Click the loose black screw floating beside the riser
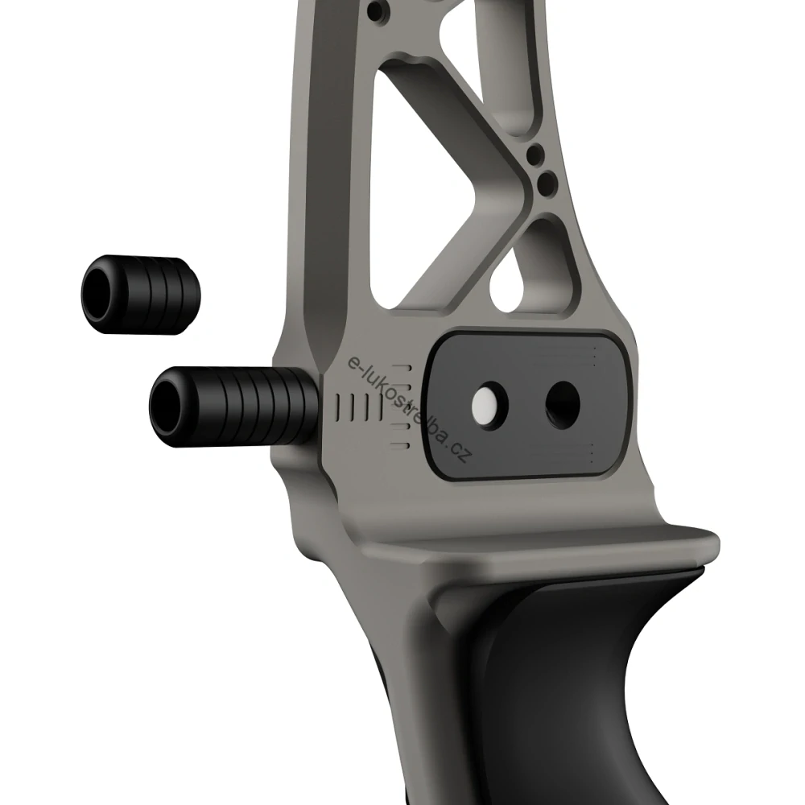pyautogui.click(x=142, y=295)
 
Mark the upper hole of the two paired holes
pyautogui.click(x=532, y=154)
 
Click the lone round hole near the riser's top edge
pyautogui.click(x=377, y=12)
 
